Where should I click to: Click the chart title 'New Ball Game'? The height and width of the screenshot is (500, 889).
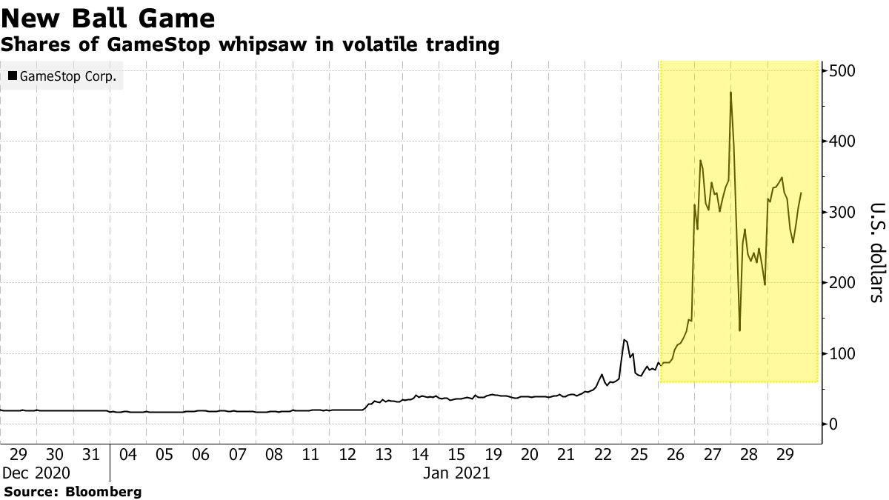click(x=108, y=18)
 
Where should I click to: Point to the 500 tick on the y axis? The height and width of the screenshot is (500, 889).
click(x=842, y=71)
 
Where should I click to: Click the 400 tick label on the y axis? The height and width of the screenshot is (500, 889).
click(x=842, y=141)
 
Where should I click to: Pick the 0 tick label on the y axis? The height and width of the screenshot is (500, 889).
click(x=833, y=424)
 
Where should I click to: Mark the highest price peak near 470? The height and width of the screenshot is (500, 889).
click(x=730, y=93)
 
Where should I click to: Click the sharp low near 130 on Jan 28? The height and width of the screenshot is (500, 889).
click(x=739, y=330)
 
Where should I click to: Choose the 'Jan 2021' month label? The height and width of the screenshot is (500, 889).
click(x=456, y=473)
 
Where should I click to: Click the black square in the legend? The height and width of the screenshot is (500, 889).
click(x=13, y=76)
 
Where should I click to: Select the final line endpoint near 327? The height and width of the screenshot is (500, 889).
click(x=801, y=193)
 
